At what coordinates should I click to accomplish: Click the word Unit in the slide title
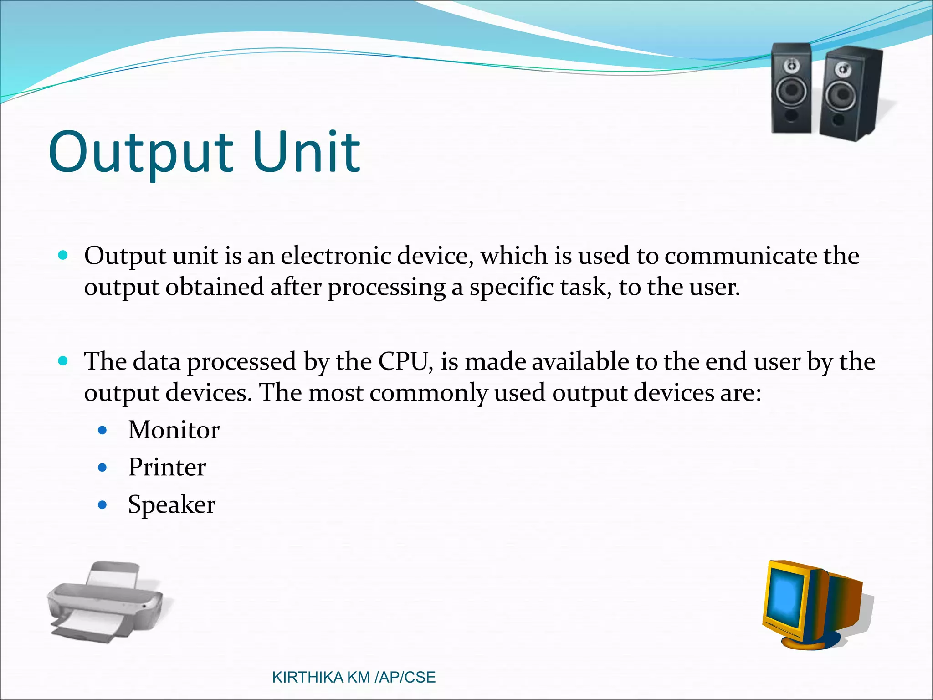tap(306, 153)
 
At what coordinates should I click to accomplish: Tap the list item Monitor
tap(174, 430)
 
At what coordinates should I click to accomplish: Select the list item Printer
tap(167, 467)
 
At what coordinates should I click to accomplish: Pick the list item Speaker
tap(171, 504)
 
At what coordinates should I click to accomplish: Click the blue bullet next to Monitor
tap(103, 430)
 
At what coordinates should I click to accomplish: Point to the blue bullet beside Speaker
tap(103, 505)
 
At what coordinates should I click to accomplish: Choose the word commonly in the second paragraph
tap(428, 393)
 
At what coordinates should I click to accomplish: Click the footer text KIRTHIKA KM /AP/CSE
tap(354, 677)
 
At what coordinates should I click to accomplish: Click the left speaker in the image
tap(791, 89)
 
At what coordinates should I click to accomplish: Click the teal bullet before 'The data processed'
tap(63, 361)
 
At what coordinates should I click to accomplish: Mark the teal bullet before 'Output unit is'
tap(63, 255)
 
